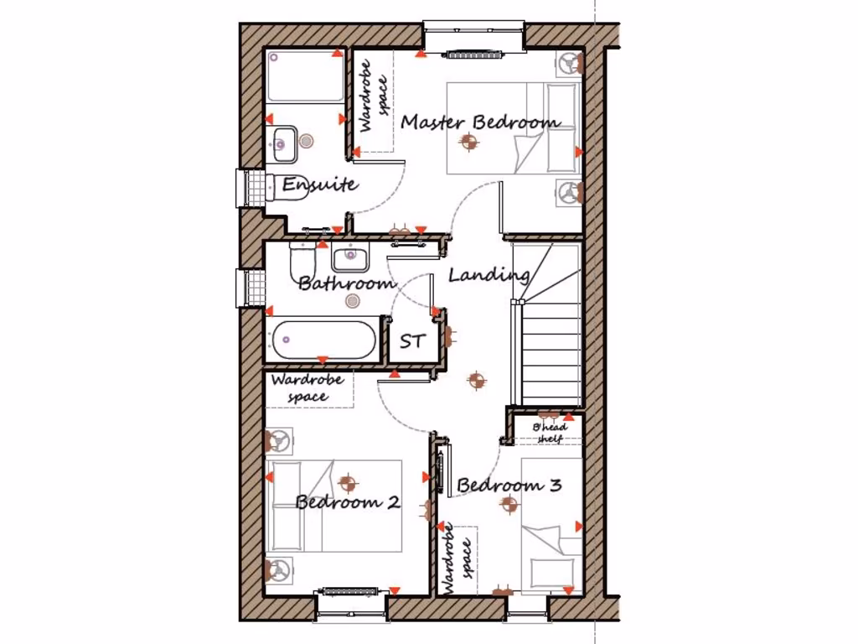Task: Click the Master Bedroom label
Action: [x=480, y=122]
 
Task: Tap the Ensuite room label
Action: [x=320, y=184]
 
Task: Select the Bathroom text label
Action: [x=347, y=283]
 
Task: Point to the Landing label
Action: [x=488, y=275]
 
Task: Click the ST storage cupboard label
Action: [x=411, y=342]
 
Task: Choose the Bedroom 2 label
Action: [x=347, y=502]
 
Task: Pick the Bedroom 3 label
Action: [x=509, y=485]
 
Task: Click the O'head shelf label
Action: [x=550, y=433]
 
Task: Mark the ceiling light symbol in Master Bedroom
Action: [x=468, y=143]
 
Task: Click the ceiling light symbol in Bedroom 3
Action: [x=508, y=504]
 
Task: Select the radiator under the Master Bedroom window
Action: [x=474, y=55]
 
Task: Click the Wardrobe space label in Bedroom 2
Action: [x=308, y=388]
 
